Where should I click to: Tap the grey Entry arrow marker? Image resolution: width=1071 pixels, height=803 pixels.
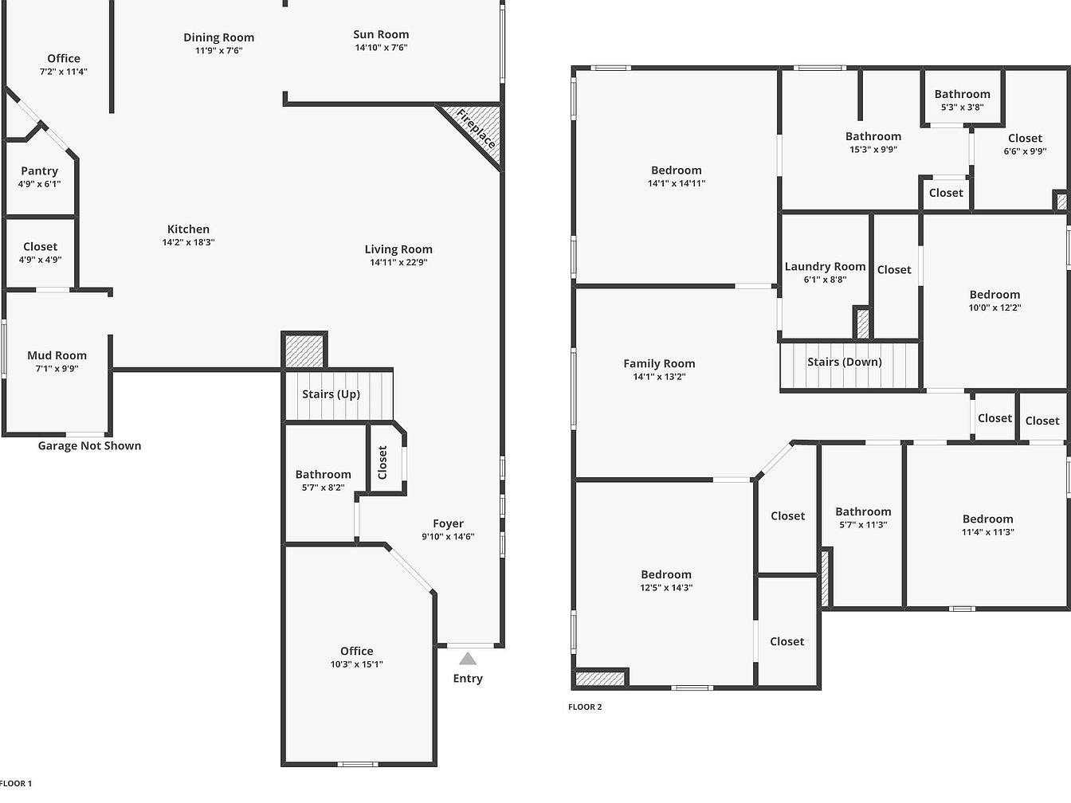[x=468, y=659]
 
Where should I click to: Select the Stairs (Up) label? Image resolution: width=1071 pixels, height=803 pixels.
[x=331, y=394]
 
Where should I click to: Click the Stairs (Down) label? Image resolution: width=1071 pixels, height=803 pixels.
[x=845, y=362]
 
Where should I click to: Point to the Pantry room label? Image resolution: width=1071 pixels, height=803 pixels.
[x=40, y=170]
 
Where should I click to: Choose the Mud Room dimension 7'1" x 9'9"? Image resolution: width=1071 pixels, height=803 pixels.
[x=57, y=369]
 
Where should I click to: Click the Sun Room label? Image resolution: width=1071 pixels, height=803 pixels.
[x=381, y=34]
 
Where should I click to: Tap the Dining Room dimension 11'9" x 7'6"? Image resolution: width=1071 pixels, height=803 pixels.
[x=218, y=50]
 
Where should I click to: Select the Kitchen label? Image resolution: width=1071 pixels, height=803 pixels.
[x=188, y=229]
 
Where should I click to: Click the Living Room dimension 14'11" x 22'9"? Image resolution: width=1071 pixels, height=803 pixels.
[x=398, y=262]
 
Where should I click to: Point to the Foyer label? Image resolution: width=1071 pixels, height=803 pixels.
[x=448, y=523]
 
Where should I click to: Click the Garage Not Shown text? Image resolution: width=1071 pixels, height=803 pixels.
[x=90, y=445]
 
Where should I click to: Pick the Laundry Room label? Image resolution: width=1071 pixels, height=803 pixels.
[x=825, y=267]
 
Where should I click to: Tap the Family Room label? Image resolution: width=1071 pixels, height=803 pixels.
[x=659, y=363]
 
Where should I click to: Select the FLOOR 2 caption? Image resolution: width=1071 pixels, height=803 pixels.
[x=585, y=707]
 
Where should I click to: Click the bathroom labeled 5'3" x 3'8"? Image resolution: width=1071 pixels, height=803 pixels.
[x=962, y=100]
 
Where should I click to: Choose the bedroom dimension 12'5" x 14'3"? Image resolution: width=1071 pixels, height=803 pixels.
[x=666, y=587]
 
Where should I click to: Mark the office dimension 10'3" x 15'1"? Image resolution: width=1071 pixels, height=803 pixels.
[x=357, y=664]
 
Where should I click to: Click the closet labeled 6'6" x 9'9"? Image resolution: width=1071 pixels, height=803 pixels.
[x=1025, y=144]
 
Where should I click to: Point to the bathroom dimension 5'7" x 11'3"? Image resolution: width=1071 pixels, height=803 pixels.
[x=863, y=525]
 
